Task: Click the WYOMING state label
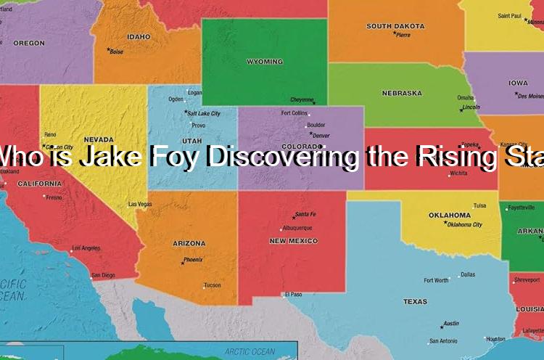[265, 62]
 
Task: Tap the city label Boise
[117, 52]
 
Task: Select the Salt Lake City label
[204, 113]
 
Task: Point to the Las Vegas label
[140, 204]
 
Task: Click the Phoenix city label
[193, 259]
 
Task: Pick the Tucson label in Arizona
[212, 285]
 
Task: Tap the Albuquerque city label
[297, 227]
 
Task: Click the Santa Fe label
[305, 215]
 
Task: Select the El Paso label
[294, 294]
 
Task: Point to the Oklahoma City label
[465, 225]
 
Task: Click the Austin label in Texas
[451, 324]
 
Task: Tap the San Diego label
[103, 275]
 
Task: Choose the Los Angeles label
[86, 248]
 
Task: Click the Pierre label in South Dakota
[403, 35]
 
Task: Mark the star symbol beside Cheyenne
[314, 102]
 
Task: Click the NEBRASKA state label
[401, 93]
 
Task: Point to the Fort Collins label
[294, 112]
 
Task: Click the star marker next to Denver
[310, 134]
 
